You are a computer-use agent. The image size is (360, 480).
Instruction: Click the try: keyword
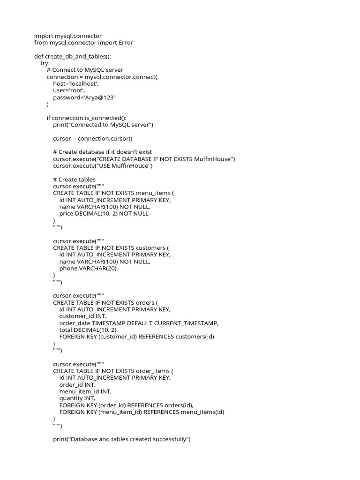[x=45, y=63]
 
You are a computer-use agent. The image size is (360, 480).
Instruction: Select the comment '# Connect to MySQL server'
[x=85, y=70]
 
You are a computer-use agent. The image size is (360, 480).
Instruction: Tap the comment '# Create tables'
[x=74, y=180]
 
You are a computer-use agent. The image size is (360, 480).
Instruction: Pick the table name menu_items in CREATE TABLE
[x=152, y=193]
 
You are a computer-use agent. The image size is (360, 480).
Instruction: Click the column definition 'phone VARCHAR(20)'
[x=88, y=269]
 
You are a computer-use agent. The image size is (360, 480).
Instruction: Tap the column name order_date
[x=75, y=323]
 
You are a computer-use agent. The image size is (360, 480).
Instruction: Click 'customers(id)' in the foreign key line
[x=195, y=337]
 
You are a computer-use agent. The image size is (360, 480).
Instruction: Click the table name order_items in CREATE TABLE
[x=153, y=371]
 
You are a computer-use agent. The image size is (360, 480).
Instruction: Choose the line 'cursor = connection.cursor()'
[x=93, y=138]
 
